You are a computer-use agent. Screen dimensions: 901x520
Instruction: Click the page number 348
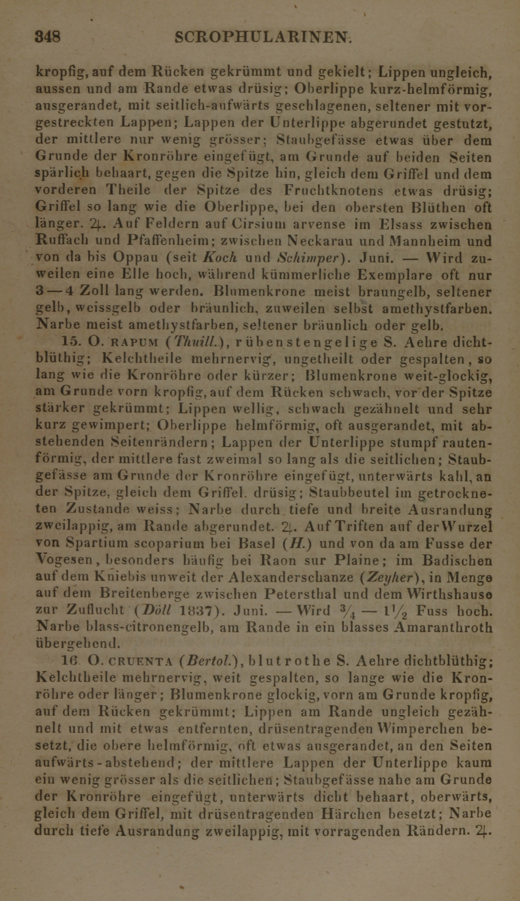[x=47, y=37]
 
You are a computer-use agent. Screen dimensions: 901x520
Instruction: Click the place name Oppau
[x=135, y=257]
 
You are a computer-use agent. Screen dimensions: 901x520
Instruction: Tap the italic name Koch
[x=221, y=257]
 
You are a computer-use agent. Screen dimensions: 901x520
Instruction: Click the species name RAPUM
[x=134, y=342]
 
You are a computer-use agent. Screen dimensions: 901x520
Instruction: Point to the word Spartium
[x=95, y=543]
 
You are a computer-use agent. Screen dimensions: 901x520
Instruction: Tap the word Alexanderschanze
[x=291, y=577]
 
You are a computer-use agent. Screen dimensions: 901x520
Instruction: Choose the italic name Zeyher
[x=386, y=577]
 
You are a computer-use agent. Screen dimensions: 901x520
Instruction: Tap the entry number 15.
[x=69, y=342]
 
